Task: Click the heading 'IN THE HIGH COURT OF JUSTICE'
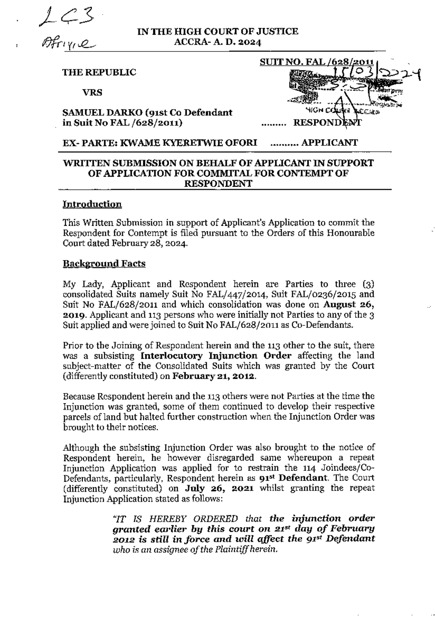click(217, 32)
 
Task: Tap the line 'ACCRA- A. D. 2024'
click(217, 42)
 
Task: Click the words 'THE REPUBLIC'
click(99, 72)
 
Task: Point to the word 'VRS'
click(92, 92)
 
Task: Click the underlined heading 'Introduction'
click(92, 204)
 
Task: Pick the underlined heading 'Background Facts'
click(104, 264)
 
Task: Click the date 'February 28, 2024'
click(150, 243)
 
